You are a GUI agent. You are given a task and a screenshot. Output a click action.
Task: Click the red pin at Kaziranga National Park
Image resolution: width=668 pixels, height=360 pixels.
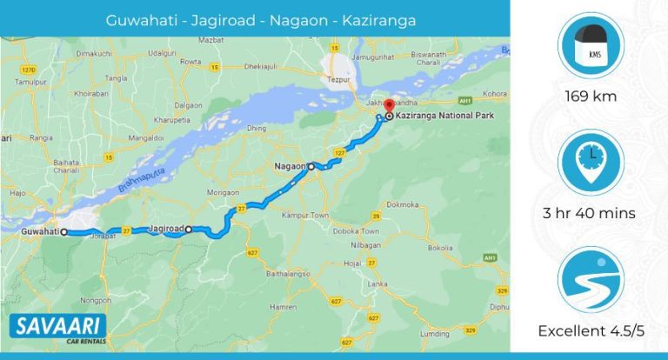(388, 107)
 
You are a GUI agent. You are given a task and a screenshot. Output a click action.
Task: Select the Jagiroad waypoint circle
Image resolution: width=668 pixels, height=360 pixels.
(188, 230)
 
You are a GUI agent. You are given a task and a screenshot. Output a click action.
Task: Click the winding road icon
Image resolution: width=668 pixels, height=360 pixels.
(591, 280)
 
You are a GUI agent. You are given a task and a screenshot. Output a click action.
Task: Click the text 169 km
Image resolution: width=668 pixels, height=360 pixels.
(591, 96)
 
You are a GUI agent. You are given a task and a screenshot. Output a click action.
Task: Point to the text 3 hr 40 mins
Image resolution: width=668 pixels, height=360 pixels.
(591, 213)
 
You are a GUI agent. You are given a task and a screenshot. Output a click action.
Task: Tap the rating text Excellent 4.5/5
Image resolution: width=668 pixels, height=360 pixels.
(591, 330)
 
